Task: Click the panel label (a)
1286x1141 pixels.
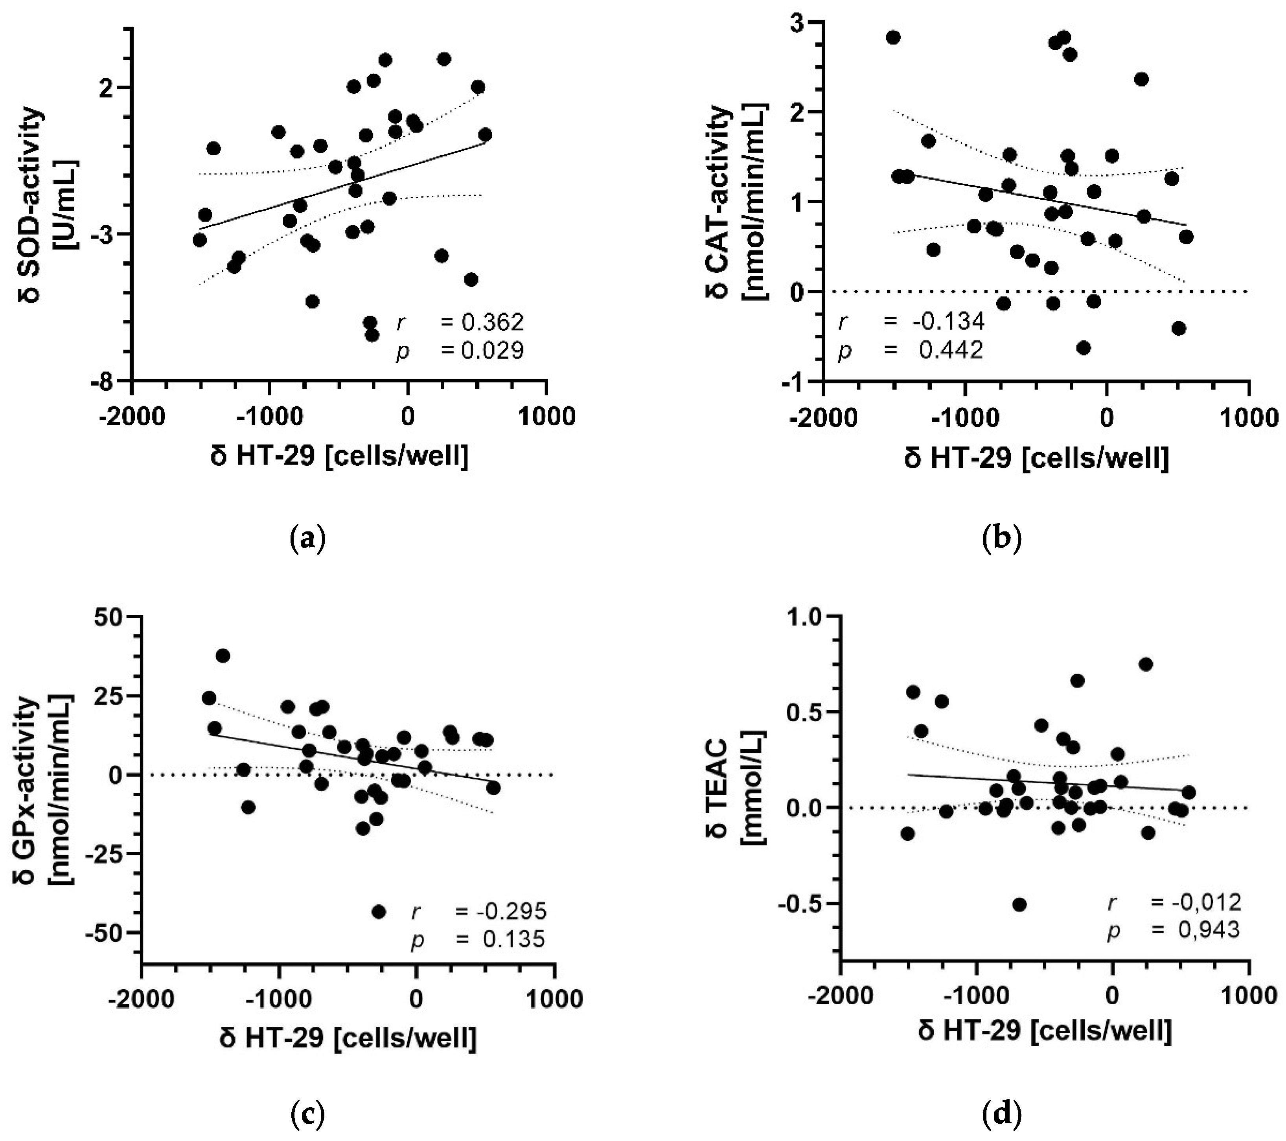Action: coord(308,538)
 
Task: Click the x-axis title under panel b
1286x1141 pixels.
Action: coord(1037,458)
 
